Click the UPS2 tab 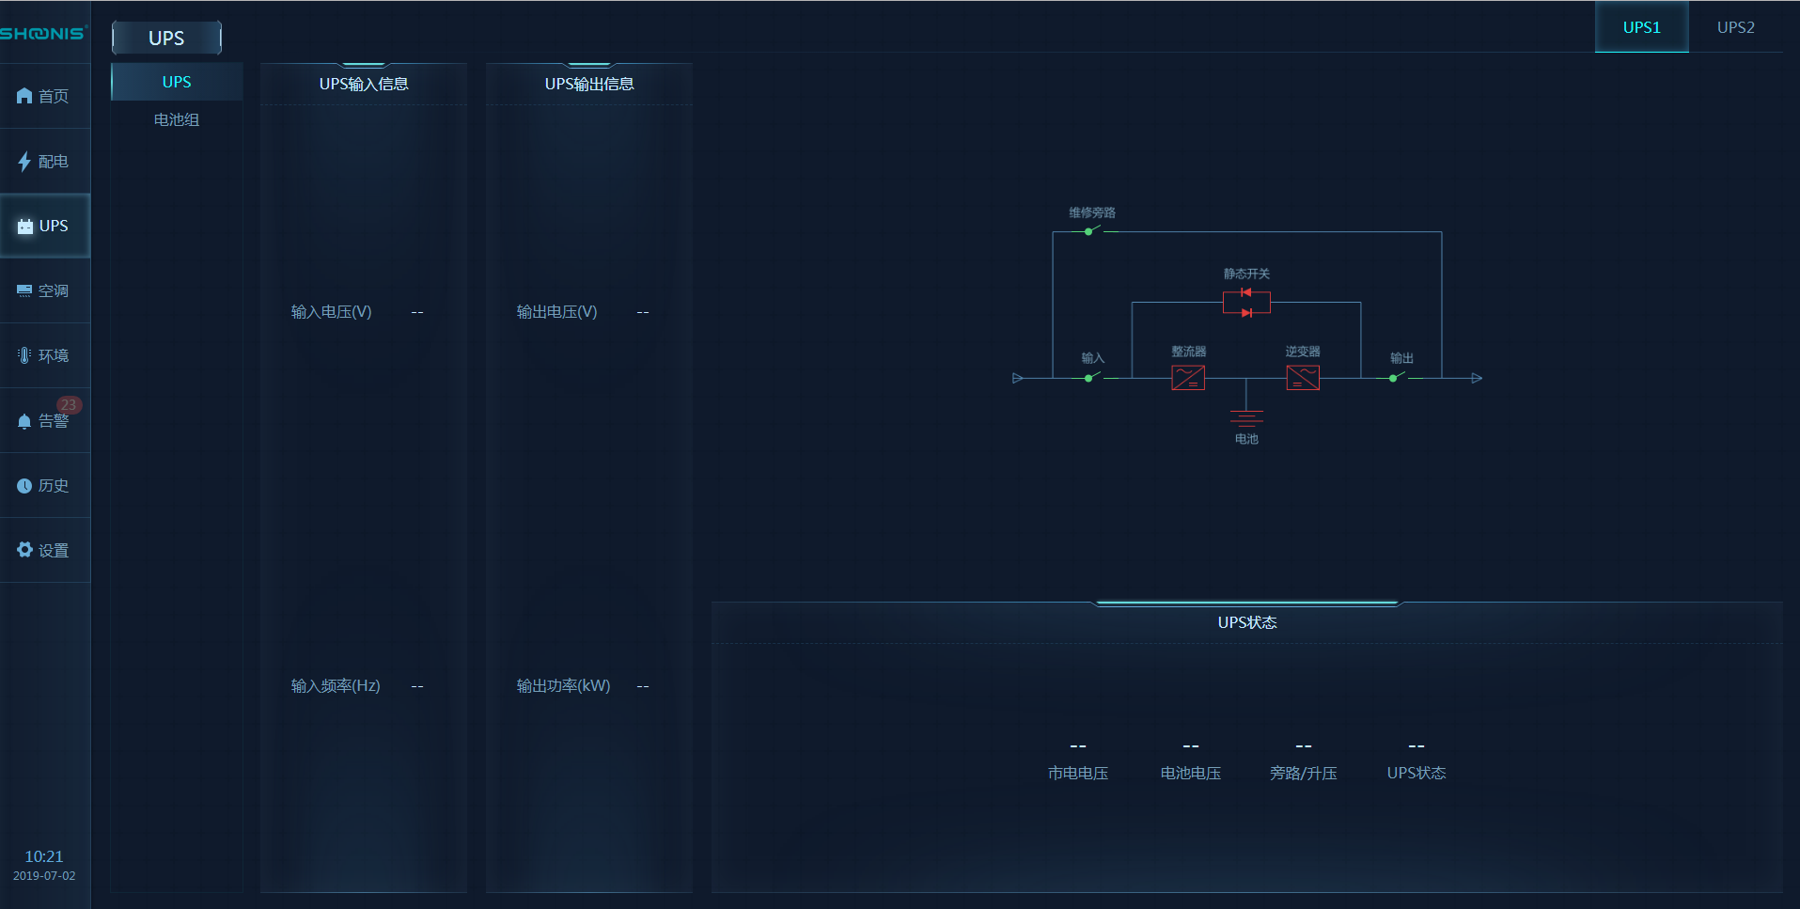click(1735, 27)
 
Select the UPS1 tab click(1641, 27)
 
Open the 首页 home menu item click(44, 96)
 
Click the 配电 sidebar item click(44, 161)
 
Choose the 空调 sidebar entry click(44, 290)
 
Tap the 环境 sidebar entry click(44, 355)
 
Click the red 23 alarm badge click(69, 405)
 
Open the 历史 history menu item click(44, 485)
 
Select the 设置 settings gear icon click(24, 550)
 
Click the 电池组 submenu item click(177, 119)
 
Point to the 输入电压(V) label click(331, 311)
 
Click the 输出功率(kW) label click(563, 685)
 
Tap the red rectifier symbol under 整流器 click(1188, 378)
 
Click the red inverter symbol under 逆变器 click(1303, 378)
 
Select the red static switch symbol click(1246, 303)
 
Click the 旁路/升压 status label click(1303, 773)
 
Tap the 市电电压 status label click(1078, 773)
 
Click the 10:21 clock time click(44, 856)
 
